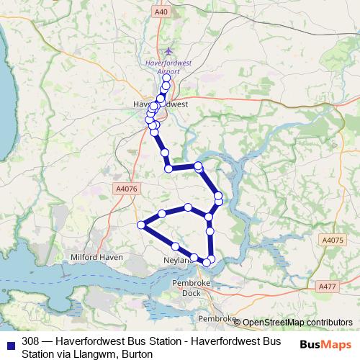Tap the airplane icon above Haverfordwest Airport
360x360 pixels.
click(x=168, y=51)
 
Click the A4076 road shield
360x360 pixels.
click(x=125, y=189)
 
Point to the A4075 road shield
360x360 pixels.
click(x=333, y=240)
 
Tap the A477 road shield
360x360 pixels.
click(x=328, y=287)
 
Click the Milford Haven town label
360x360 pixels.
click(x=97, y=257)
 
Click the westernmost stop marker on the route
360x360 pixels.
click(x=142, y=225)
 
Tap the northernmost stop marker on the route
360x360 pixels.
click(x=168, y=78)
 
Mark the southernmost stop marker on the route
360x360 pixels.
click(x=207, y=262)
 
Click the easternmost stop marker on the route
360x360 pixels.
click(x=218, y=197)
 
